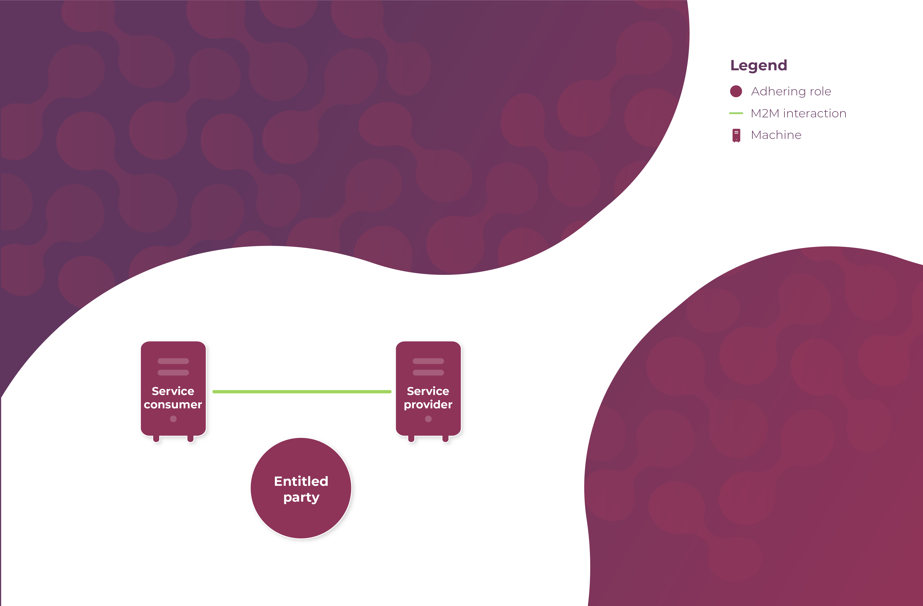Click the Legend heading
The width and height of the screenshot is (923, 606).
point(759,65)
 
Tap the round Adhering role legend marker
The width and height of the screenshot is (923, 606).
point(736,91)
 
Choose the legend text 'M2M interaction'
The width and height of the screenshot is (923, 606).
point(798,113)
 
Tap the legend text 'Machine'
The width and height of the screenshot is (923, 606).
point(776,135)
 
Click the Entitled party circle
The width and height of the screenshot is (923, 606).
point(301,516)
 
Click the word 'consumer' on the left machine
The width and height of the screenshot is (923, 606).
point(173,405)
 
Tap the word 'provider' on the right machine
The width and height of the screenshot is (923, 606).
point(428,405)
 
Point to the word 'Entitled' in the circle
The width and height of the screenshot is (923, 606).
point(301,481)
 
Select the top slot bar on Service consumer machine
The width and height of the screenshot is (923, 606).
point(173,361)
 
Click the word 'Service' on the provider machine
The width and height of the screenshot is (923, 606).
point(428,391)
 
